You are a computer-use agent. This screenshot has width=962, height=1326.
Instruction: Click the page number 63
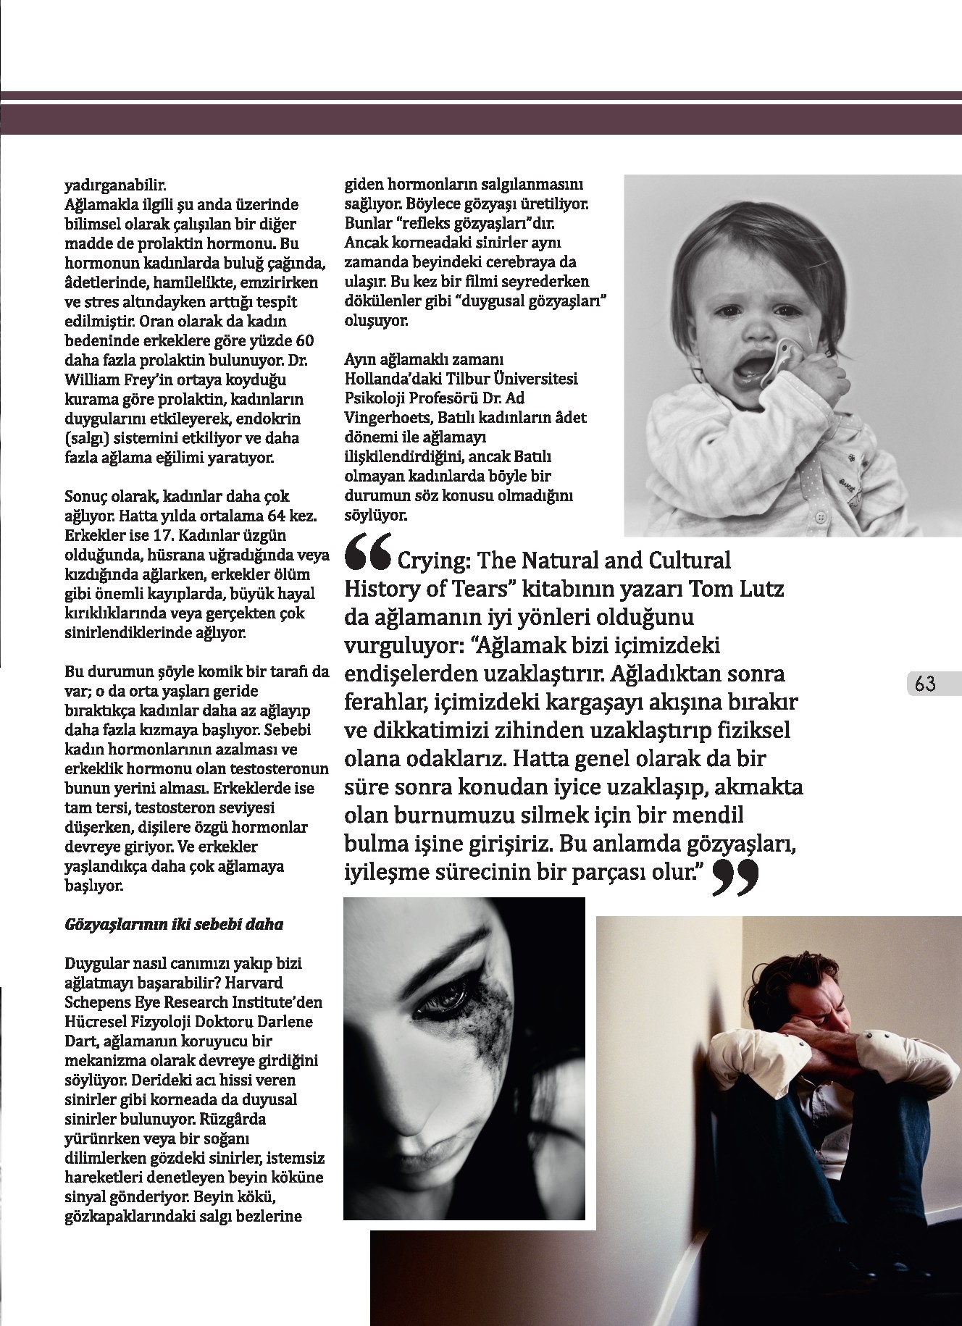click(x=925, y=683)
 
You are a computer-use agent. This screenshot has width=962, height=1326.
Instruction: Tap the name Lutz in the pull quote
click(x=758, y=589)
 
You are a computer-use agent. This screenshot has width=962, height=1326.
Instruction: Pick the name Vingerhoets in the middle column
click(x=385, y=418)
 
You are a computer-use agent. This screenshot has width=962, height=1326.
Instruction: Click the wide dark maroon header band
click(x=481, y=120)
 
